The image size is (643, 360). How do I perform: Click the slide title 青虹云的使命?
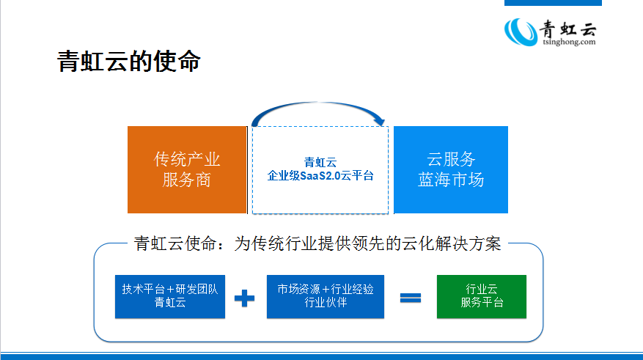click(129, 62)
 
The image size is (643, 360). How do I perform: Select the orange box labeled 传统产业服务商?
click(186, 169)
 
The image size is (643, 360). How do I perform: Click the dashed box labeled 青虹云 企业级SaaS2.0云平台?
click(320, 169)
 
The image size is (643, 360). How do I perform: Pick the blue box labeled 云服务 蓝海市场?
click(450, 169)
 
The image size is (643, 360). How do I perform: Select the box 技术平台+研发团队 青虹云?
click(169, 295)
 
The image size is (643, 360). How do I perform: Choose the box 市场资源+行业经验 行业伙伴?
click(325, 295)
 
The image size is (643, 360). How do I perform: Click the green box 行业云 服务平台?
click(481, 295)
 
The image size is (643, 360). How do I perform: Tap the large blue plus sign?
click(244, 298)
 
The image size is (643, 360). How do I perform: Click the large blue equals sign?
click(410, 298)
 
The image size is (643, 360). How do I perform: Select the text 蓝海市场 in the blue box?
click(450, 180)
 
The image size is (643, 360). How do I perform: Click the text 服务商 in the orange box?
click(186, 180)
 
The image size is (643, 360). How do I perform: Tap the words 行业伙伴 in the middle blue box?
click(325, 303)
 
